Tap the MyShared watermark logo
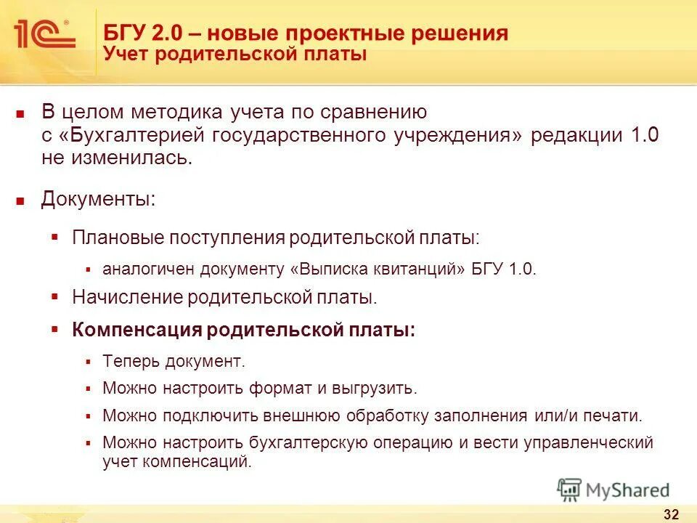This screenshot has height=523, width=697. [x=614, y=490]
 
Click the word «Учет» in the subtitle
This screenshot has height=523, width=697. [x=127, y=54]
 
